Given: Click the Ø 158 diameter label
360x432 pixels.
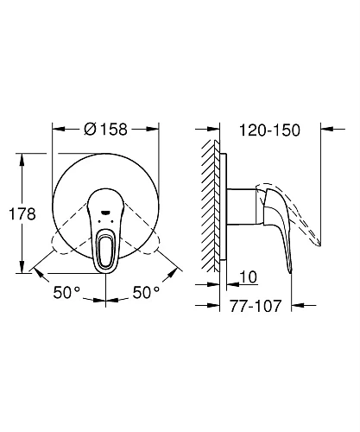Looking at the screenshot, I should click(108, 130).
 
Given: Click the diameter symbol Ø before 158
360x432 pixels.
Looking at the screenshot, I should click(88, 130).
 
